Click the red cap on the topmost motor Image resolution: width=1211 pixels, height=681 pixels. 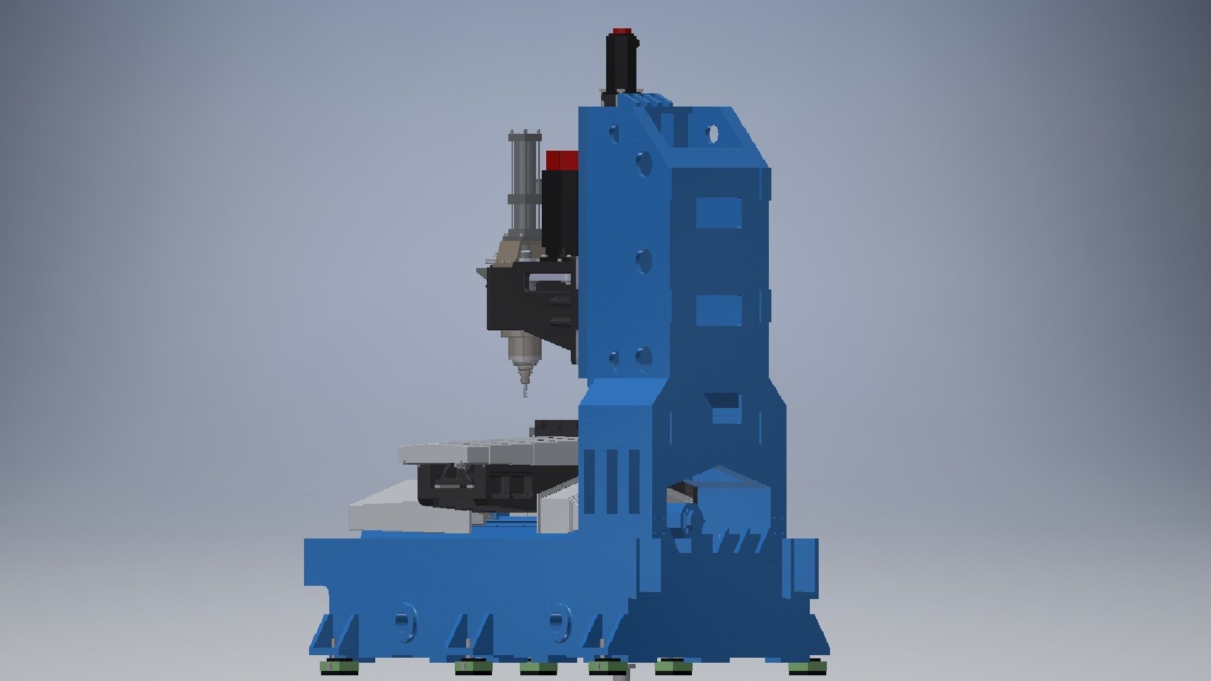[x=621, y=31]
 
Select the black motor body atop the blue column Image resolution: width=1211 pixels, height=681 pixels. [x=621, y=63]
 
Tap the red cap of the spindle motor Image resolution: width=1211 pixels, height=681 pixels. [x=561, y=160]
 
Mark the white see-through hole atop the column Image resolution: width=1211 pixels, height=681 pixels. [x=713, y=134]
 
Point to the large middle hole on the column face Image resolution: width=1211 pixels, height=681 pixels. [x=643, y=260]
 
